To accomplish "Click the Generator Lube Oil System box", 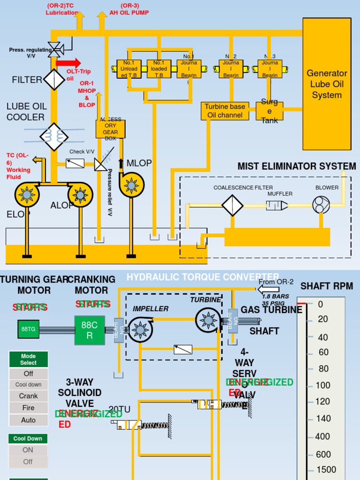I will pyautogui.click(x=327, y=84).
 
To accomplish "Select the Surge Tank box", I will pyautogui.click(x=270, y=111).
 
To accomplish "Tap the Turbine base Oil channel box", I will pyautogui.click(x=225, y=111).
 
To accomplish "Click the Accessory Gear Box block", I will pyautogui.click(x=111, y=129).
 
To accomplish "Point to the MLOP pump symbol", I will pyautogui.click(x=131, y=185).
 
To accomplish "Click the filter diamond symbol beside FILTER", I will pyautogui.click(x=54, y=79).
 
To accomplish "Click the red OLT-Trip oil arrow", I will pyautogui.click(x=68, y=63).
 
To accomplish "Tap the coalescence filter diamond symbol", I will pyautogui.click(x=232, y=205).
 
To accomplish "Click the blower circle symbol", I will pyautogui.click(x=322, y=204).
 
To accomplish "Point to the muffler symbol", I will pyautogui.click(x=277, y=205).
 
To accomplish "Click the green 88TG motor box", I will pyautogui.click(x=29, y=329).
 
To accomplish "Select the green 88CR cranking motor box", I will pyautogui.click(x=90, y=330).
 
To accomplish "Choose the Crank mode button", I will pyautogui.click(x=29, y=396).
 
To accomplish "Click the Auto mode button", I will pyautogui.click(x=29, y=420).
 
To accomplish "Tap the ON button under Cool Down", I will pyautogui.click(x=29, y=450).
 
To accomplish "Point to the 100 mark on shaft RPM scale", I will pyautogui.click(x=322, y=385).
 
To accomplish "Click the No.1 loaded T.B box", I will pyautogui.click(x=159, y=69).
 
